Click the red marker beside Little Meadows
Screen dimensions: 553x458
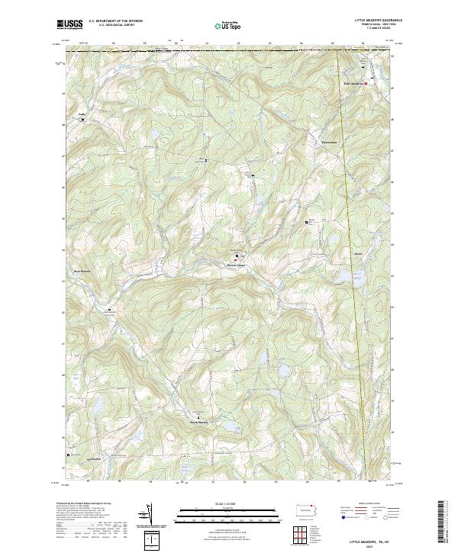click(x=366, y=82)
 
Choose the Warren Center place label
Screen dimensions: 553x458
click(x=235, y=265)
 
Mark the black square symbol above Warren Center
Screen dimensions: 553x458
click(x=237, y=256)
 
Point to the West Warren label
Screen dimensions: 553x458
click(x=82, y=272)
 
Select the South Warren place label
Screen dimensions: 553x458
click(x=198, y=421)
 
